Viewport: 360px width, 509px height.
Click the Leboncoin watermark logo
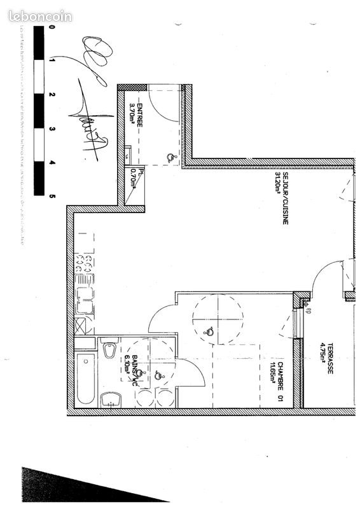(x=40, y=17)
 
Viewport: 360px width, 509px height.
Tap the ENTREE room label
(x=139, y=117)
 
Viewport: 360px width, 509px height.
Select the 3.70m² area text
(x=132, y=116)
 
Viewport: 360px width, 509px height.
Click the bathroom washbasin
(x=111, y=400)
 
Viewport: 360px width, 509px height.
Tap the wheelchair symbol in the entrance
(x=169, y=157)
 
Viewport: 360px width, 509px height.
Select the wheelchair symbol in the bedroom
(x=208, y=330)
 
